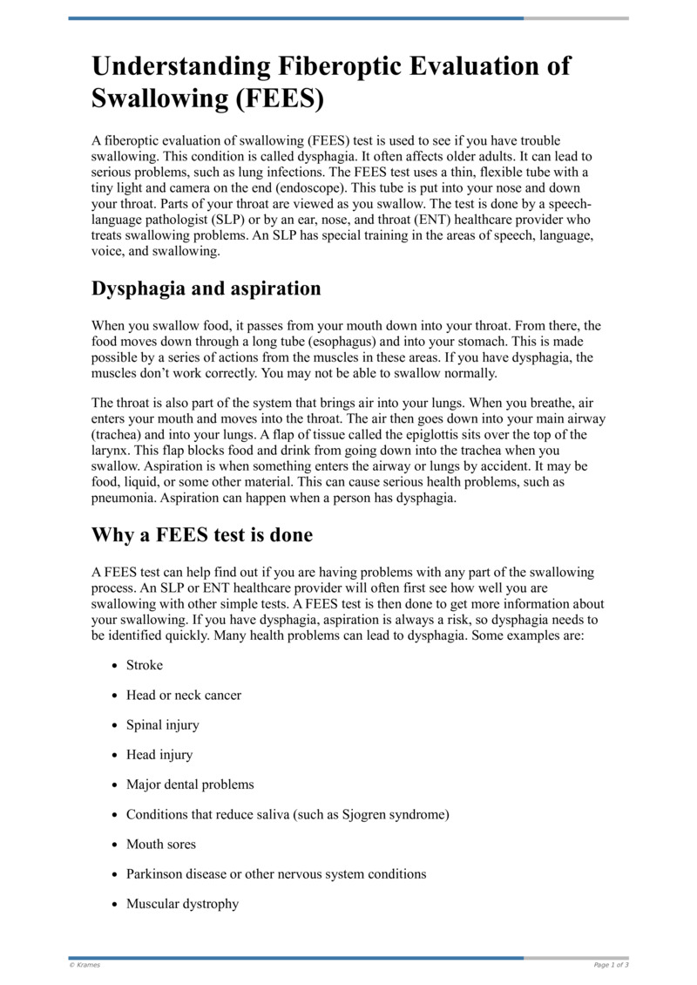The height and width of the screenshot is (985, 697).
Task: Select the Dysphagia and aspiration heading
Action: pos(206,289)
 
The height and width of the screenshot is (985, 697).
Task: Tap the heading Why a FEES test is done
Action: pos(202,535)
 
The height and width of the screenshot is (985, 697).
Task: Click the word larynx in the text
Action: pos(111,451)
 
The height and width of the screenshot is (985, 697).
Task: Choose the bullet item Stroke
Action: pos(145,665)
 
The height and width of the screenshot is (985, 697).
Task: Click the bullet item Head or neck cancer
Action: pos(184,695)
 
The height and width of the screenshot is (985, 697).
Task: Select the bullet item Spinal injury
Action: pos(163,725)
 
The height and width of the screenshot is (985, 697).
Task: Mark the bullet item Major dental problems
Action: pos(190,785)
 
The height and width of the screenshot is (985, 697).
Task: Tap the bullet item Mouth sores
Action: pos(161,844)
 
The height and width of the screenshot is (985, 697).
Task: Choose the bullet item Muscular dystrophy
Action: pos(182,904)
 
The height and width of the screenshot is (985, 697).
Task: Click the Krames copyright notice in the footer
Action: pos(85,965)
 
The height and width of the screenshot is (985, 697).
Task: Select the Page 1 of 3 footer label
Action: pos(611,965)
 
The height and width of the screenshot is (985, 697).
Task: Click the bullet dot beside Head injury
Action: pos(116,756)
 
